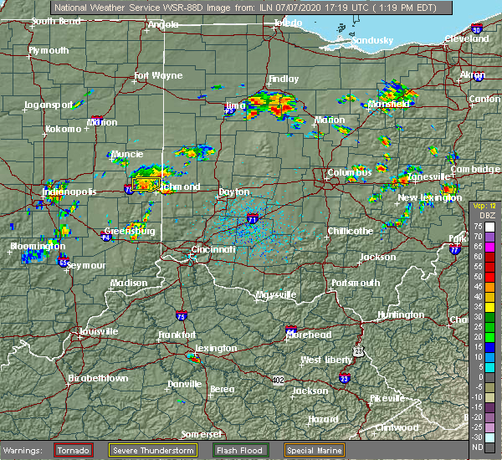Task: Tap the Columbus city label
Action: [350, 173]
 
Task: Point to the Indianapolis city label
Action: [71, 192]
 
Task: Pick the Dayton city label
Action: [233, 192]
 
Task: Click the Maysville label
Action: [276, 295]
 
